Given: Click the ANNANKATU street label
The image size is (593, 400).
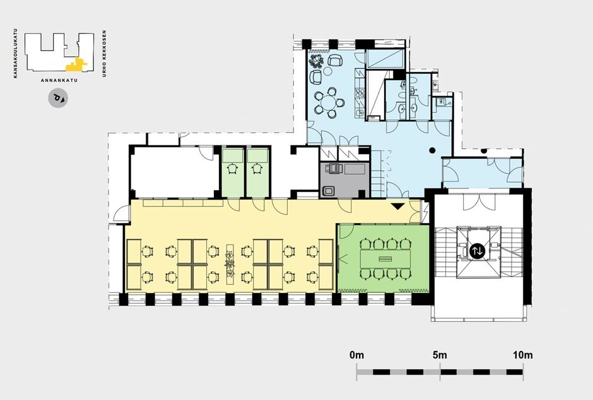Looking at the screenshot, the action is click(59, 81).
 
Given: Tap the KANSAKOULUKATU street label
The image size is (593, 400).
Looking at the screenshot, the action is click(15, 54).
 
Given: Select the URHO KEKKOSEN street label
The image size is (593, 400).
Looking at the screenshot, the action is click(104, 54).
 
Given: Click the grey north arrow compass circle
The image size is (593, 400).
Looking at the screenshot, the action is click(58, 99).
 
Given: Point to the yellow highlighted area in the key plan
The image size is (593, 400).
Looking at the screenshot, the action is click(77, 65).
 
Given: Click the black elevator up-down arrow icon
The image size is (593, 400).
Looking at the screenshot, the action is click(477, 251).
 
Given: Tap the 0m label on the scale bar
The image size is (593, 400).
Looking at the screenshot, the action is click(356, 355).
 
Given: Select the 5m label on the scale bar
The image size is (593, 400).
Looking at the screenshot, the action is click(440, 355).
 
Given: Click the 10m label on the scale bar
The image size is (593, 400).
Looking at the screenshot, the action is click(523, 355).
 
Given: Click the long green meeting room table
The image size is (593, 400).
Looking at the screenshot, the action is click(385, 259).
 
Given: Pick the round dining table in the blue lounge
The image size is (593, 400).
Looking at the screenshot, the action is click(330, 102).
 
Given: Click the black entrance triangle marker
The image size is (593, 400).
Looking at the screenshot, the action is click(397, 207).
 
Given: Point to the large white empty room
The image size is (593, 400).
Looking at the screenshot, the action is click(174, 172).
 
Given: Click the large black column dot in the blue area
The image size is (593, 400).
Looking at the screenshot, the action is click(432, 151).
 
